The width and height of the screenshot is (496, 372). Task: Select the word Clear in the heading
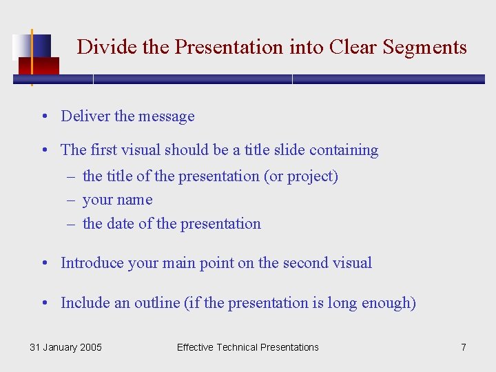[x=353, y=47]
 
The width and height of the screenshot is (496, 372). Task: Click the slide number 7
[x=464, y=347]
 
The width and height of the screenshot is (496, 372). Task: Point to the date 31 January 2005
[x=65, y=347]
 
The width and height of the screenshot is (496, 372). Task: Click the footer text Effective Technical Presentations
[x=248, y=347]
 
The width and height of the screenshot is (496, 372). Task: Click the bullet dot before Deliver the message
[x=43, y=116]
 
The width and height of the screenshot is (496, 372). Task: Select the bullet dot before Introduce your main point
[x=43, y=263]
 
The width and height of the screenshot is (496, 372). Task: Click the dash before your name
[x=71, y=200]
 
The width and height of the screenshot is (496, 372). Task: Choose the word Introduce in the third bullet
[x=92, y=263]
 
